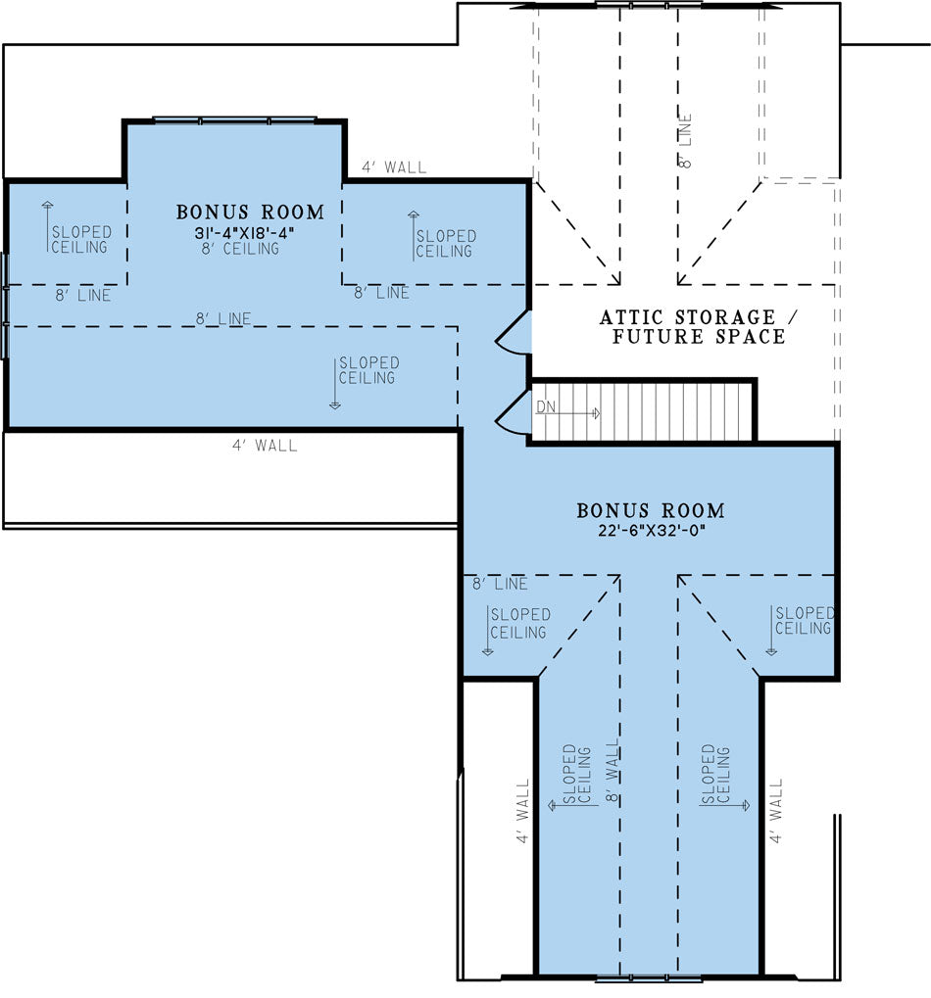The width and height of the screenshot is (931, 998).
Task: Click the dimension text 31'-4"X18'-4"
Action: tap(245, 233)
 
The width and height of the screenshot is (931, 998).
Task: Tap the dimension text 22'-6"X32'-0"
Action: tap(652, 530)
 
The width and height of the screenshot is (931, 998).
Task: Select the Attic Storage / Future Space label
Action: tap(699, 326)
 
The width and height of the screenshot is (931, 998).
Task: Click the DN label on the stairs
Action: tap(546, 406)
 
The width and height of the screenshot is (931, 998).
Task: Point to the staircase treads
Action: tap(643, 411)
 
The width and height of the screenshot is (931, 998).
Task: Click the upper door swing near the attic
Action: tap(514, 332)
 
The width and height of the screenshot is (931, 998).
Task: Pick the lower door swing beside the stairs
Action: tap(514, 412)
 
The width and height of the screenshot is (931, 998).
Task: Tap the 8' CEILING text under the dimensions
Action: tap(240, 249)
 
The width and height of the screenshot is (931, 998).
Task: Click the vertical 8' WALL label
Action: tap(612, 771)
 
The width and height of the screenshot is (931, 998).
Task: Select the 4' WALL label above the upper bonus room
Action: tap(394, 167)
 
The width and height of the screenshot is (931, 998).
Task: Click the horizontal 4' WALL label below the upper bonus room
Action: tap(265, 446)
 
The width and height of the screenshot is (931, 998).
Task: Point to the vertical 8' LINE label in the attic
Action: tap(685, 141)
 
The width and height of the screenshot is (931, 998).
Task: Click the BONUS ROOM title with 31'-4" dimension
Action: tap(250, 212)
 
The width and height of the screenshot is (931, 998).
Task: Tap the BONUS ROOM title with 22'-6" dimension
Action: tap(651, 510)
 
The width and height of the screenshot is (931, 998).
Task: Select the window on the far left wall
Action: tap(5, 306)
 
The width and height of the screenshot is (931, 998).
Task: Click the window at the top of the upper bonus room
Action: tap(234, 119)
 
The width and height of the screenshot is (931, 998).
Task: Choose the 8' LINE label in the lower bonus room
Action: tap(500, 584)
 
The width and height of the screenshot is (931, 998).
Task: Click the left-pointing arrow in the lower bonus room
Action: tap(573, 805)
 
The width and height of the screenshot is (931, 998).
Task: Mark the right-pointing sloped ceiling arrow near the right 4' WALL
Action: tap(724, 805)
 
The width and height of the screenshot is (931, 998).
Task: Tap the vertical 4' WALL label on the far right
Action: tap(775, 811)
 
